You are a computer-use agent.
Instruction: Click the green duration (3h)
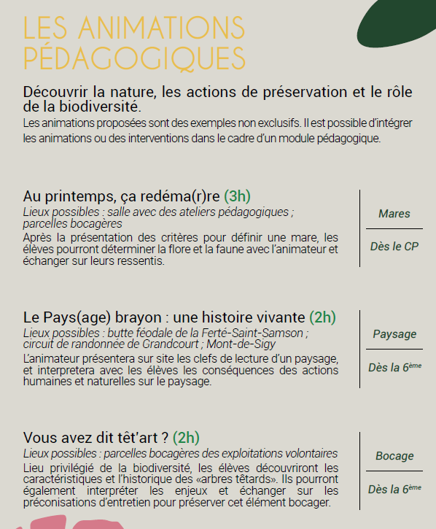[237, 196]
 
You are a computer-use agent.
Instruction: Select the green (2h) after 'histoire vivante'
[322, 317]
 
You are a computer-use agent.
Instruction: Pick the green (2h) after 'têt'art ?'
[186, 438]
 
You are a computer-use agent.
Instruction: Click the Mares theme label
[394, 214]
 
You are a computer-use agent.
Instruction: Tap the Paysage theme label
[394, 334]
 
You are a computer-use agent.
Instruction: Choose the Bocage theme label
[394, 456]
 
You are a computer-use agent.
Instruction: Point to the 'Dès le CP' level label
[394, 247]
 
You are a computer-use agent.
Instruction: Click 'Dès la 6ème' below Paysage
[394, 368]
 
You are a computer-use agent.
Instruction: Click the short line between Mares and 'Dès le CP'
[394, 230]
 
